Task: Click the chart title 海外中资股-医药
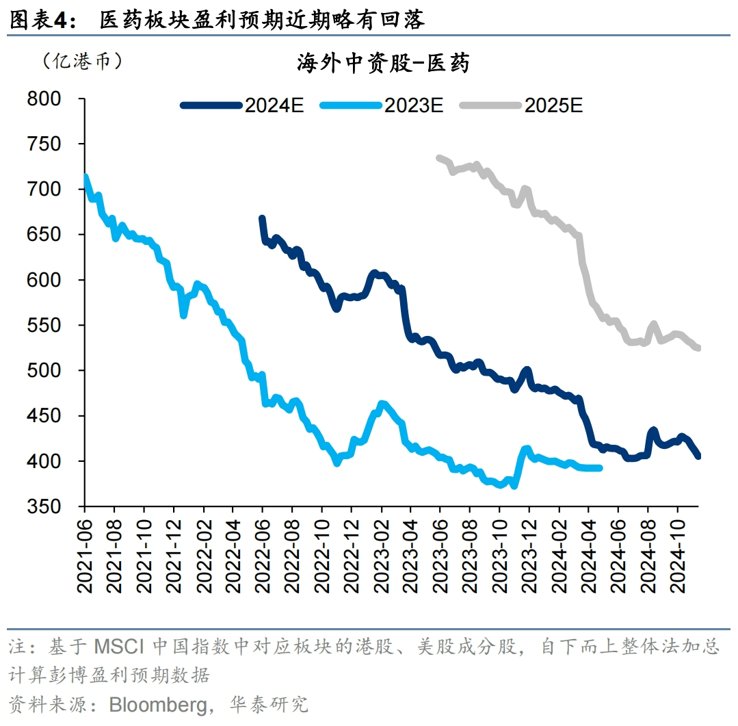383,64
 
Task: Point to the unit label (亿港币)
83,62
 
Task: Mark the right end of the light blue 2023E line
600,468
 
